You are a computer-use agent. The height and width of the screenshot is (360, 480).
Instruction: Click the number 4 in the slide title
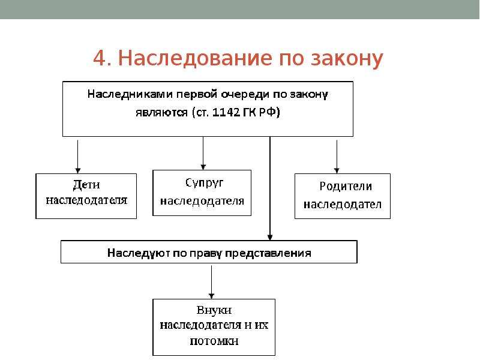click(100, 58)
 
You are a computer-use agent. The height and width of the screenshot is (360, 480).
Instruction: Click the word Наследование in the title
click(195, 58)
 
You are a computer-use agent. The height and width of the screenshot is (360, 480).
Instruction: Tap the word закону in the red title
click(347, 58)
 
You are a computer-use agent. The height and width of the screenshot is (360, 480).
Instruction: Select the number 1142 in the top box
click(226, 112)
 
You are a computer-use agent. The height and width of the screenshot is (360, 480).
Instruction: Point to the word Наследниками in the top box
click(130, 94)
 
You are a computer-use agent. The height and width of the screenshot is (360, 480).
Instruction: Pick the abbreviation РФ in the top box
click(269, 112)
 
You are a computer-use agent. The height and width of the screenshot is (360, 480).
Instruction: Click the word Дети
click(86, 185)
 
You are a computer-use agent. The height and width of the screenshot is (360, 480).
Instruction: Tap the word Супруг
click(204, 183)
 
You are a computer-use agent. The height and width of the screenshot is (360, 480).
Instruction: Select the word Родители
click(346, 186)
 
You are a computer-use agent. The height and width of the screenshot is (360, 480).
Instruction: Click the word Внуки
click(214, 310)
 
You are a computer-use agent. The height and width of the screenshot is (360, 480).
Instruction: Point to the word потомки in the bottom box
click(214, 341)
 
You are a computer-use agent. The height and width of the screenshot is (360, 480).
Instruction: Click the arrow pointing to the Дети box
click(78, 157)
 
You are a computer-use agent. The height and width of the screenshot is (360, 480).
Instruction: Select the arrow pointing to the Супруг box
click(203, 153)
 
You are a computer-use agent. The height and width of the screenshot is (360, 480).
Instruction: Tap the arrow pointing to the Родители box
click(337, 157)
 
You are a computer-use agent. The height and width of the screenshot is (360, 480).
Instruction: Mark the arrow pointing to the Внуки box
click(211, 281)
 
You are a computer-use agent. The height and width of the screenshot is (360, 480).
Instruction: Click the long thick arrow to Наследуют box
click(269, 188)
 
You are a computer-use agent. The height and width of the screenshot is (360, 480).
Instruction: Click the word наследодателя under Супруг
click(202, 201)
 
